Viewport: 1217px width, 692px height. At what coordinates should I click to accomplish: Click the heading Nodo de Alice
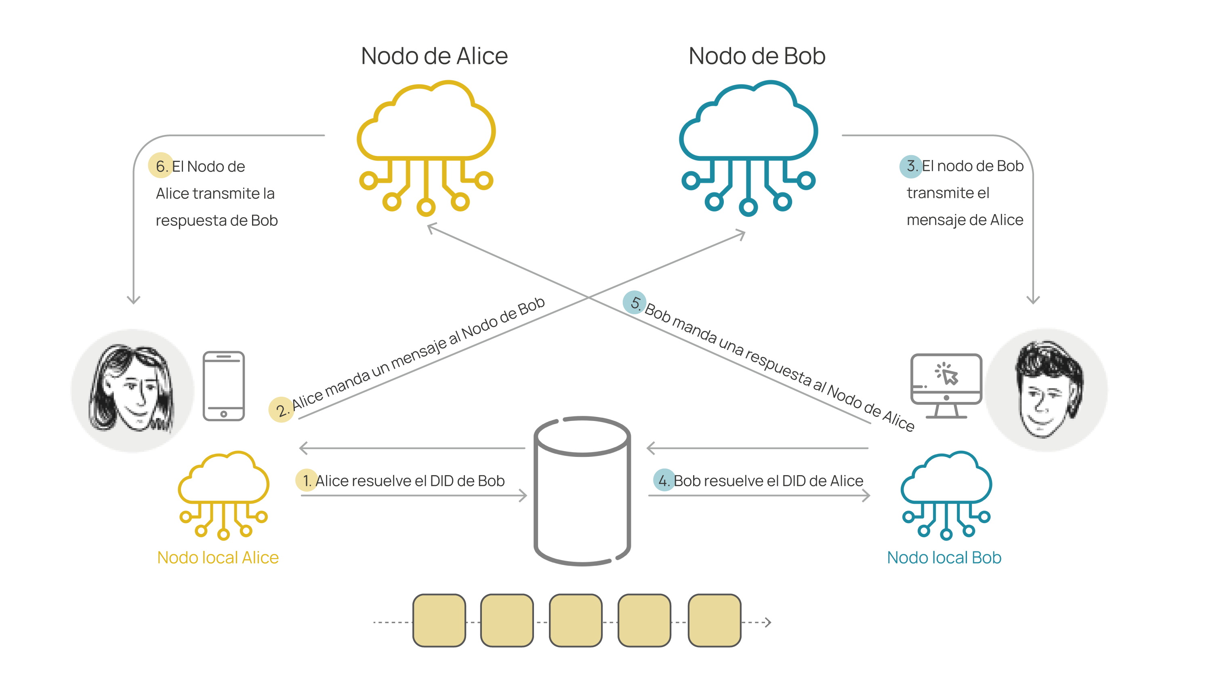(434, 56)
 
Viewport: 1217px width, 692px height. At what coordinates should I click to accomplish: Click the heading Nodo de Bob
(757, 56)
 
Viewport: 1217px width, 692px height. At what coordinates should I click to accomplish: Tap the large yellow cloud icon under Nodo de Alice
(426, 143)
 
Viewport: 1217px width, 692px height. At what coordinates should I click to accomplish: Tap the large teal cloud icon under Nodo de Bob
(748, 143)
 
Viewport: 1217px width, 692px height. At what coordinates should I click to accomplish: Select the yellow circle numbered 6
(160, 166)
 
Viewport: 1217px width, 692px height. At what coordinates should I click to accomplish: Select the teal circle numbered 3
(910, 166)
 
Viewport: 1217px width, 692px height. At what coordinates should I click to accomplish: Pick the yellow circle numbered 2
(281, 410)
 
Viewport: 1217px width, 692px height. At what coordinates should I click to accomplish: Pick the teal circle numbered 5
(634, 302)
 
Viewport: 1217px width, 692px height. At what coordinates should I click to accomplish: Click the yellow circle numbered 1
(307, 480)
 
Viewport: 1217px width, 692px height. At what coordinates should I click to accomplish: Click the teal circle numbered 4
(664, 480)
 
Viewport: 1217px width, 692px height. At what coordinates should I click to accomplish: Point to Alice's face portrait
(132, 390)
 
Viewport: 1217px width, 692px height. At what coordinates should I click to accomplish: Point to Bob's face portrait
(1047, 390)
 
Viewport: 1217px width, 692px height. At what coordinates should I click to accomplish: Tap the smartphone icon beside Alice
(223, 386)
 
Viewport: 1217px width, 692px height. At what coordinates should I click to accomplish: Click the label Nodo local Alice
(218, 557)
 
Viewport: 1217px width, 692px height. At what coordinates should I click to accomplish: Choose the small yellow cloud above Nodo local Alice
(223, 494)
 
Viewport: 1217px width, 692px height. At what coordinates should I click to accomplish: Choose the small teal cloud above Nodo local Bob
(946, 494)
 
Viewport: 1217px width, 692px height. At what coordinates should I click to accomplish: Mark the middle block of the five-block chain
(576, 620)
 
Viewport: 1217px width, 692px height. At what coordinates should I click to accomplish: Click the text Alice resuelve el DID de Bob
(410, 481)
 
